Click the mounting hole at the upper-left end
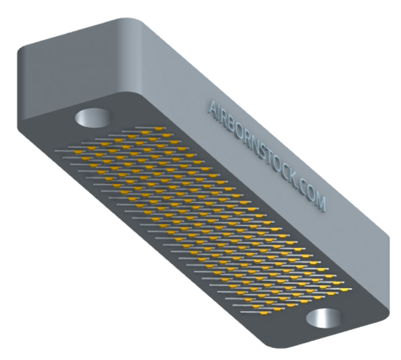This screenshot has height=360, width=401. tap(93, 118)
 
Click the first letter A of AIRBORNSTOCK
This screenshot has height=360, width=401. tap(213, 108)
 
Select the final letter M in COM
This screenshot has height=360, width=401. tap(320, 203)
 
